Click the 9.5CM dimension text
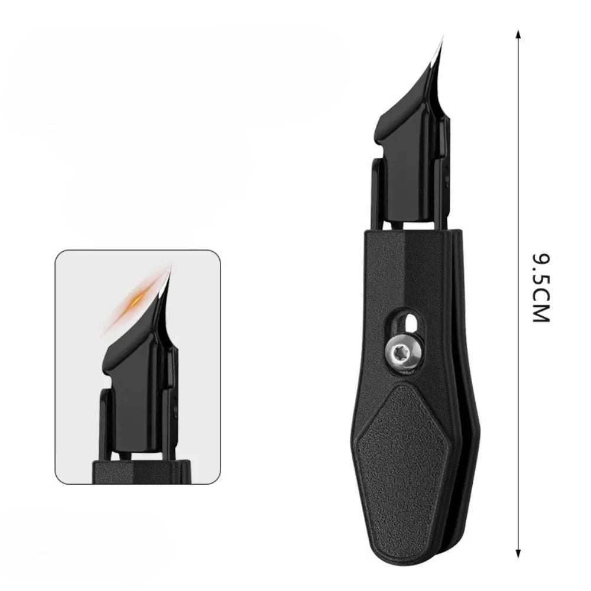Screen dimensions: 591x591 [540, 288]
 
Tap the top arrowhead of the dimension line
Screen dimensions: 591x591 [518, 33]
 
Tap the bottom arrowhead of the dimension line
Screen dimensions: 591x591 [518, 553]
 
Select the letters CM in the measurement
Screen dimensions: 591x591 [540, 308]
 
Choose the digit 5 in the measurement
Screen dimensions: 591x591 [540, 283]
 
